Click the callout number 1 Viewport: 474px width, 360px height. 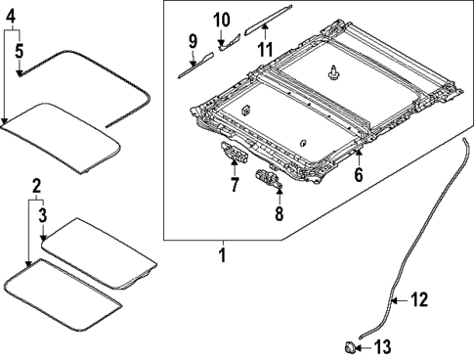[222, 256]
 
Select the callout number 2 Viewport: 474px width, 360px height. [36, 185]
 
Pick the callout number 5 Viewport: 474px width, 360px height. [20, 50]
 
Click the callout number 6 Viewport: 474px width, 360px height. [358, 176]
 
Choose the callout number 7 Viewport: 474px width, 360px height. [235, 184]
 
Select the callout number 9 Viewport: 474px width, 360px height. [193, 41]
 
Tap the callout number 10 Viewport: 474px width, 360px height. [222, 20]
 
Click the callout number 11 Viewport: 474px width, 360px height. [264, 49]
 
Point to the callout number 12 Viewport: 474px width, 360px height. [418, 300]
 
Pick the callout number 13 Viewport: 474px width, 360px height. [382, 345]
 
